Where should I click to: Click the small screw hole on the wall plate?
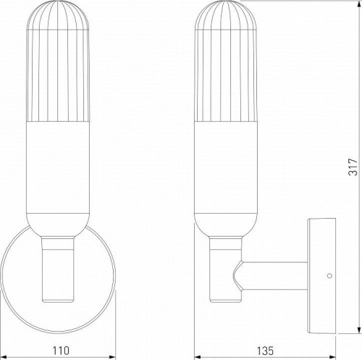(329, 275)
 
